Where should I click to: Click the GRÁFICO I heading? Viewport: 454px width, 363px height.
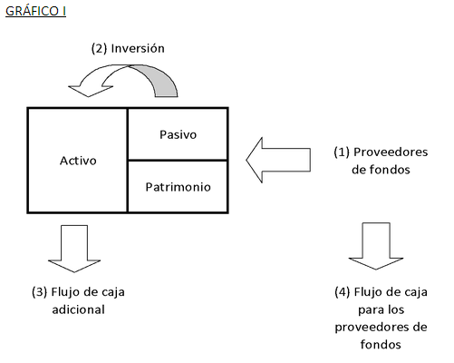(34, 11)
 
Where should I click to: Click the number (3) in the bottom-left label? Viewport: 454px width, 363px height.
(40, 292)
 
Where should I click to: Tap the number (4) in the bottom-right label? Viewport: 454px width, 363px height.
(341, 292)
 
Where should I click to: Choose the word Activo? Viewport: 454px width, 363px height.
(78, 160)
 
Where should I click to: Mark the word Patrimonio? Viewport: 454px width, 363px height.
(178, 186)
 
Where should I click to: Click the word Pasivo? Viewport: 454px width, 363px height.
(178, 134)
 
